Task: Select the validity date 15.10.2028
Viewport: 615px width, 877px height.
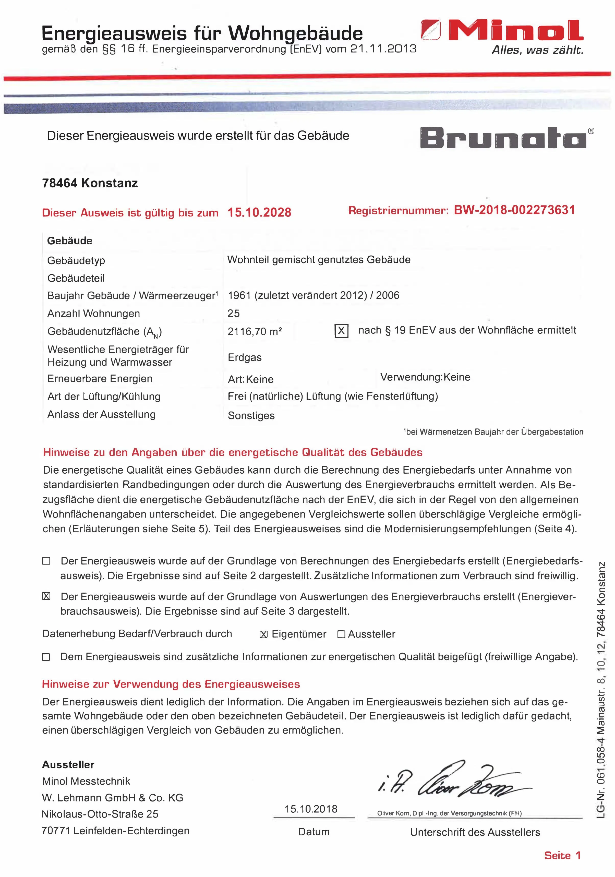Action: point(259,212)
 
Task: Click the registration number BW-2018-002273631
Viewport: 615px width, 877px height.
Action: point(514,210)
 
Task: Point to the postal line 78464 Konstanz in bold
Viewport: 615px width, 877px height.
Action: point(90,183)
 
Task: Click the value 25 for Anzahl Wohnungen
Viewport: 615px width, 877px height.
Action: point(233,314)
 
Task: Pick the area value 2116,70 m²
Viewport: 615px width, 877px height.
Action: point(255,332)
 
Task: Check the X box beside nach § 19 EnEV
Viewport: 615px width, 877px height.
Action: point(341,331)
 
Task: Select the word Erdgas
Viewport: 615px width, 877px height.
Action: point(245,357)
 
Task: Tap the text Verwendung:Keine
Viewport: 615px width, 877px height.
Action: point(425,377)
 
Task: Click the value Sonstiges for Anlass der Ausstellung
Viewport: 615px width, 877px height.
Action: point(251,416)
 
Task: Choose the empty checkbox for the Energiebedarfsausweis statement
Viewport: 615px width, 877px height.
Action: point(46,561)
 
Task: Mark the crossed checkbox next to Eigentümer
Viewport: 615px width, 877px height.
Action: point(263,634)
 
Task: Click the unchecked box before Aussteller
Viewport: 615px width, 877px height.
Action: point(341,634)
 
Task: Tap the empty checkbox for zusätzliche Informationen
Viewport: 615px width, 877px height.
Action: point(46,657)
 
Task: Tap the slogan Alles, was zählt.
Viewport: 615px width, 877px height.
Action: point(537,50)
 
